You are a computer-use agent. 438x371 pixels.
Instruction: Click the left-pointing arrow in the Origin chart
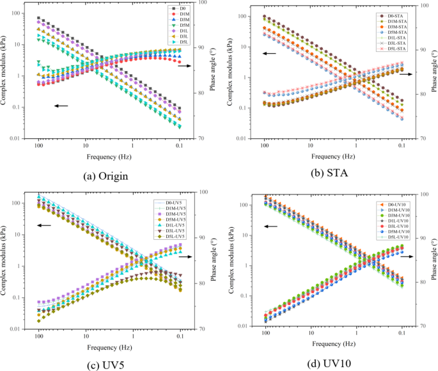(x=61, y=106)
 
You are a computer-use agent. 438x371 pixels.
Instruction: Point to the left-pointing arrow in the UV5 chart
(x=43, y=225)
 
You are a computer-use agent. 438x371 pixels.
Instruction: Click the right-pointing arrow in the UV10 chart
(x=405, y=257)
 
